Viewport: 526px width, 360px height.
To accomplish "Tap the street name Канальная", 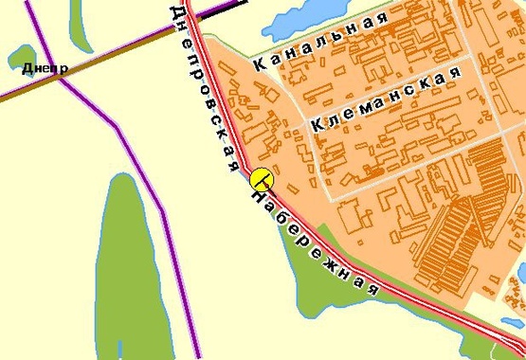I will pyautogui.click(x=321, y=44).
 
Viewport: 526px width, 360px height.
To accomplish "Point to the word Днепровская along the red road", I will pyautogui.click(x=203, y=85).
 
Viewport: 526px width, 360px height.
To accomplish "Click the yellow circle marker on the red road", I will pyautogui.click(x=262, y=177).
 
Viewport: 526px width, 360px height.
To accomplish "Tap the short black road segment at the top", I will pyautogui.click(x=221, y=11).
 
